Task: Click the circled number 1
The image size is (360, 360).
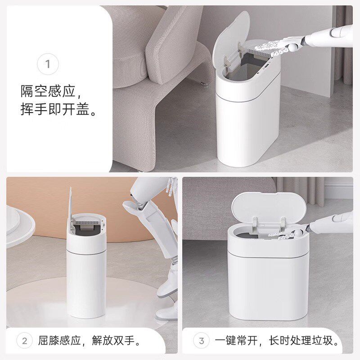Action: (x=48, y=64)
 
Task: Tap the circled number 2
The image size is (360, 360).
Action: (x=25, y=340)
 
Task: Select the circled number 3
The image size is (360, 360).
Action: (x=201, y=340)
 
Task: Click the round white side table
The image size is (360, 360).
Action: (x=18, y=225)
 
